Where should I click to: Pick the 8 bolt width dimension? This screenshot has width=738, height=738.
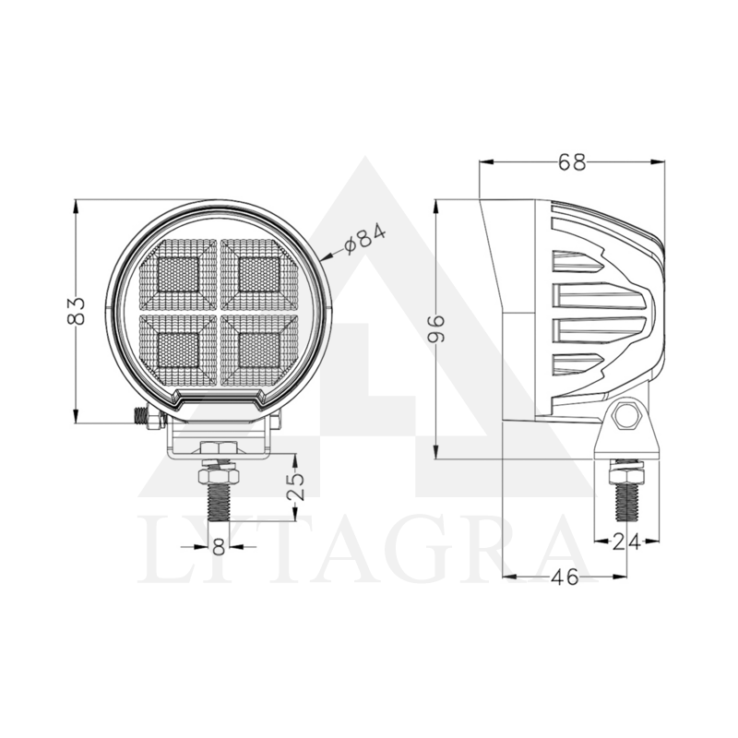coord(219,546)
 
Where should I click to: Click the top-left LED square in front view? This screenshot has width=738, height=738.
coord(178,273)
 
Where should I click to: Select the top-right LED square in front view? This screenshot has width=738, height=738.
coord(258,273)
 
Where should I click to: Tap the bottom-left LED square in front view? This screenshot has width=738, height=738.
coord(178,349)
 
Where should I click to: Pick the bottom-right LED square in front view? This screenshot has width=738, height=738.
coord(258,349)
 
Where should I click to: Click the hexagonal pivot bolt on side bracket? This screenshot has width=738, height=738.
coord(627,415)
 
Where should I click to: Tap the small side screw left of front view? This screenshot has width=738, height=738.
coord(142,417)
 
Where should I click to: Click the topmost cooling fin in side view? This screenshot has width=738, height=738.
coord(577,263)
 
